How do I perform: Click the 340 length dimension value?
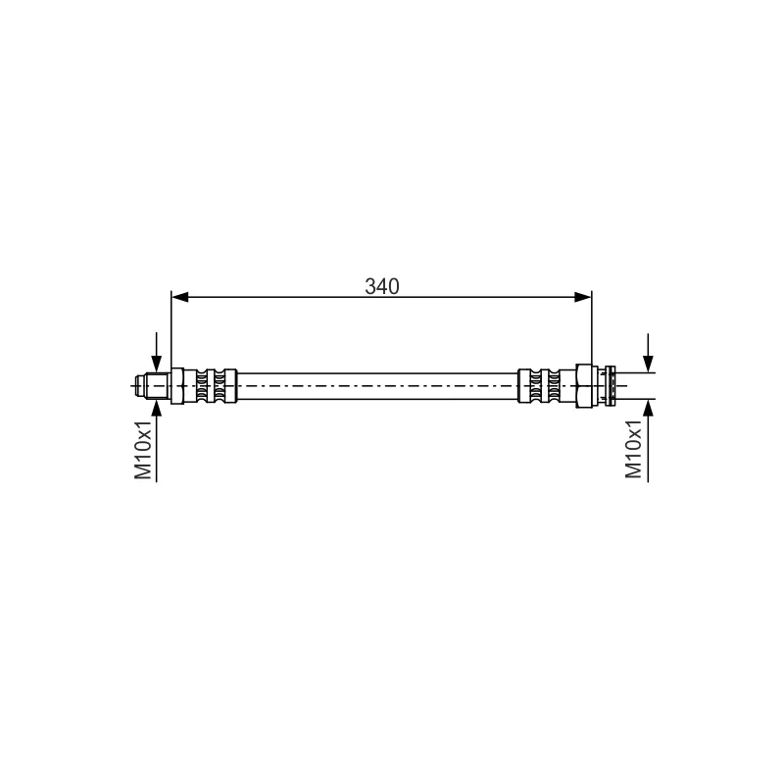pyautogui.click(x=382, y=286)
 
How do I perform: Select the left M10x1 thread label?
pyautogui.click(x=143, y=450)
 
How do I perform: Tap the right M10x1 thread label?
pyautogui.click(x=633, y=449)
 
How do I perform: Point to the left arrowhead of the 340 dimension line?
pyautogui.click(x=180, y=297)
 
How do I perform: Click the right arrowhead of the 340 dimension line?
pyautogui.click(x=582, y=297)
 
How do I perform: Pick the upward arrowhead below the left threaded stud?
pyautogui.click(x=157, y=408)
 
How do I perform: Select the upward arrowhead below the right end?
pyautogui.click(x=648, y=408)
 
